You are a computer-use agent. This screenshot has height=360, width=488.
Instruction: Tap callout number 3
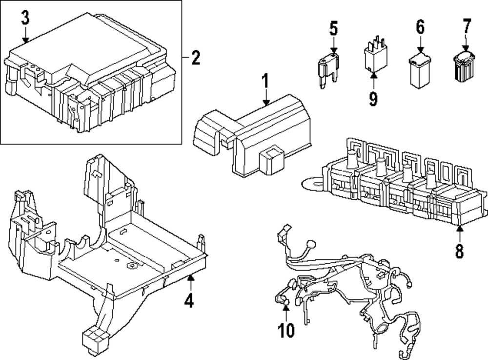coord(25,19)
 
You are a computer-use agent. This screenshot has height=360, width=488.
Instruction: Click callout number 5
coord(333,28)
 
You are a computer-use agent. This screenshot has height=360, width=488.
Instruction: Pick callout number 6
coord(420,27)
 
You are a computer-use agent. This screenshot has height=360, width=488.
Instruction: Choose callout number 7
coord(467,25)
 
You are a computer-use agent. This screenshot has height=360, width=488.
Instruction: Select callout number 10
coord(286,331)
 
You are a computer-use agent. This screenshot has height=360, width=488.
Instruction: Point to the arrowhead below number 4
coord(190,279)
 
